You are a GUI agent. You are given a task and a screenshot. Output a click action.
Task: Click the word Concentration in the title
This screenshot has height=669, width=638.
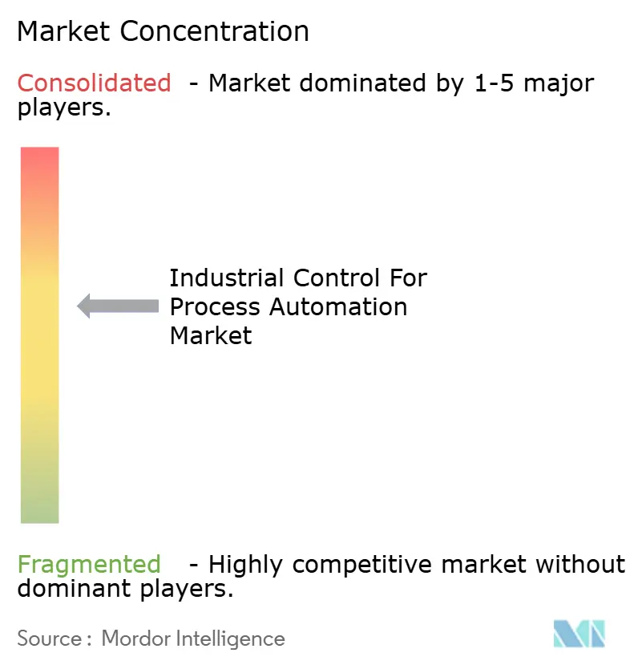pos(216,31)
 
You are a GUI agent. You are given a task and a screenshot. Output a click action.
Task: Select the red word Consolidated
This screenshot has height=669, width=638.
pos(95,83)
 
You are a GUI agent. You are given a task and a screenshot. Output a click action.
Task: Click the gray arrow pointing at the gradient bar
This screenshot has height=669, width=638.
pos(118,306)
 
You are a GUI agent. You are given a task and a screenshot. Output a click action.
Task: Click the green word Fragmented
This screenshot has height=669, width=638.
pos(89,565)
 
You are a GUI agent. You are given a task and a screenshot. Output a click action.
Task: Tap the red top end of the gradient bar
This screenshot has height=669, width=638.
pos(39,156)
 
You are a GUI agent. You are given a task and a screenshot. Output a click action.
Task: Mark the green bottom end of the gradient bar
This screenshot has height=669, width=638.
pos(39,513)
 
